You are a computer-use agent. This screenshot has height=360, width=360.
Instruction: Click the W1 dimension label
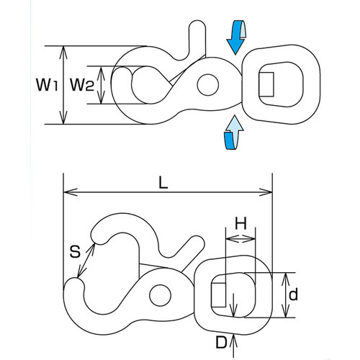click(47, 84)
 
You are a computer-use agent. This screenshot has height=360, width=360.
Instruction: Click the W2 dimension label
click(82, 84)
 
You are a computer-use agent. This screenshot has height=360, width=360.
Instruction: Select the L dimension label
click(163, 184)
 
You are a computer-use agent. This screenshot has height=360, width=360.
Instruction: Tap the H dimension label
click(240, 224)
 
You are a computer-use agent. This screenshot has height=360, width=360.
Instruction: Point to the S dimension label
click(75, 253)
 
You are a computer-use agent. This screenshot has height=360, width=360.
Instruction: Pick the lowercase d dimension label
click(293, 294)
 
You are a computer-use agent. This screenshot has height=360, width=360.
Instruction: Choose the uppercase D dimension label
click(221, 342)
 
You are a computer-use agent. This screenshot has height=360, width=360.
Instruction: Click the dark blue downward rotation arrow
click(236, 37)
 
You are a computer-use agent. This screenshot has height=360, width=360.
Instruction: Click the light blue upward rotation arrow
click(234, 132)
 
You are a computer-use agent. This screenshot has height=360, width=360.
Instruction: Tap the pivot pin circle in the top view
click(208, 84)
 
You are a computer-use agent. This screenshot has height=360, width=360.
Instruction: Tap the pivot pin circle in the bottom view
click(160, 295)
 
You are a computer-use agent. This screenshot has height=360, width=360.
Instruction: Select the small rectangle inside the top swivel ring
click(266, 84)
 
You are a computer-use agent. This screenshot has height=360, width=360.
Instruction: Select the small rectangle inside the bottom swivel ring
click(218, 294)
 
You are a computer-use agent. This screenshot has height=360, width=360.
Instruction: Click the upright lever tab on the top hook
click(197, 38)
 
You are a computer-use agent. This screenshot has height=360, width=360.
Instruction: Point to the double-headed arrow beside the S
click(86, 261)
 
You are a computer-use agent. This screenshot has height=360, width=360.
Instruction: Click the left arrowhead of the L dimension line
click(70, 192)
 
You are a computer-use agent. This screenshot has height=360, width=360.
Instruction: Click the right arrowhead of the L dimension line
click(266, 192)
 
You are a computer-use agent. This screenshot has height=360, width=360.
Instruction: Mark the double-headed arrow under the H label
click(240, 238)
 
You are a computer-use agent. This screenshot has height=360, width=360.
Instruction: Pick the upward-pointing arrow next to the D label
click(234, 346)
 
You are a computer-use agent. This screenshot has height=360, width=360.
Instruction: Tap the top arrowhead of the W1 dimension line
click(63, 53)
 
